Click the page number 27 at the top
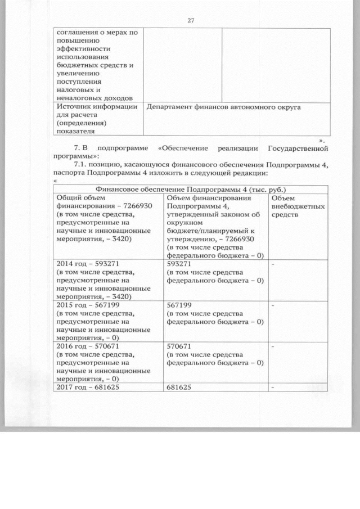(190, 20)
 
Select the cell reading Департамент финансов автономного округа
(224, 106)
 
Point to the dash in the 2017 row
(273, 388)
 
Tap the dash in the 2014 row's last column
(273, 263)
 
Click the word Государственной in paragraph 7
(299, 148)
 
